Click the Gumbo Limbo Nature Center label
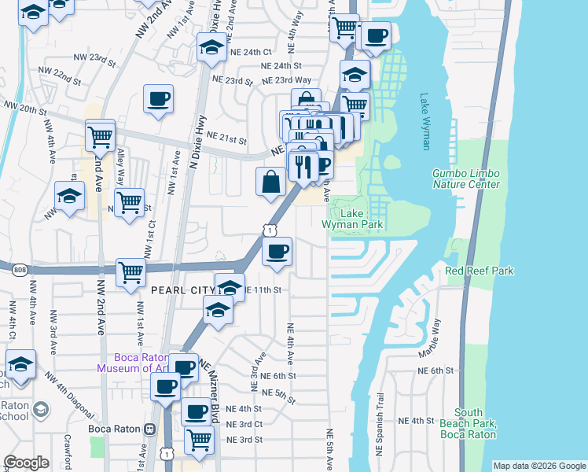466,179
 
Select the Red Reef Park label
479,271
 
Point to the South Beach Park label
468,423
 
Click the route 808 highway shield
19,270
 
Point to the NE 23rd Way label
286,80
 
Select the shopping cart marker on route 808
131,272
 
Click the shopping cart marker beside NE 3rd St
200,440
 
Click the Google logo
26,463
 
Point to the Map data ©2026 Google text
538,466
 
